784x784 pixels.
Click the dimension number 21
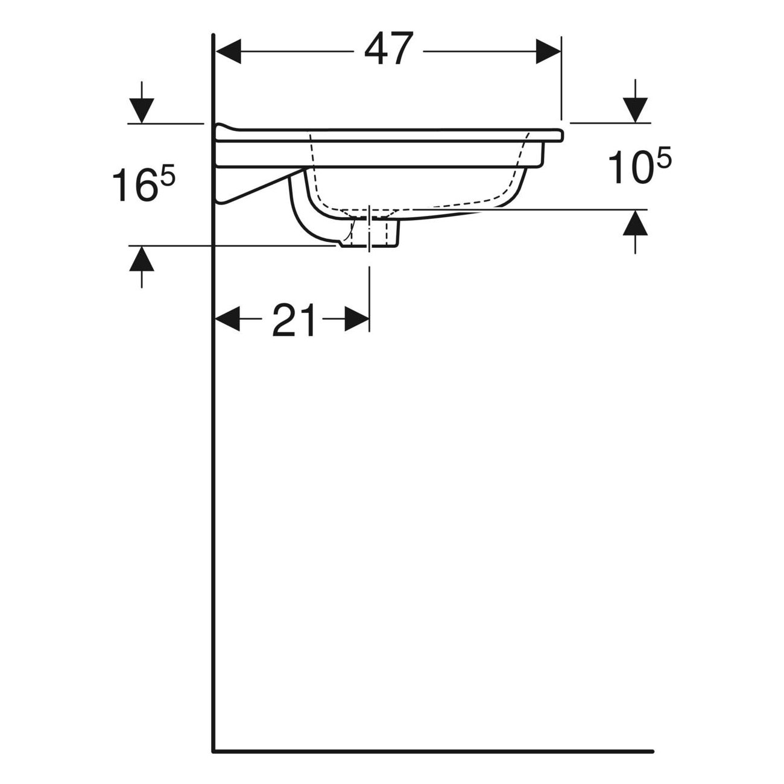pyautogui.click(x=294, y=320)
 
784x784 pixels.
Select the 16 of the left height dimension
pyautogui.click(x=134, y=186)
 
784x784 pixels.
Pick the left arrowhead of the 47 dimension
pyautogui.click(x=228, y=52)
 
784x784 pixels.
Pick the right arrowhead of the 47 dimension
pyautogui.click(x=548, y=52)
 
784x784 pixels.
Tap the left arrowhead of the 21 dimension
pyautogui.click(x=227, y=318)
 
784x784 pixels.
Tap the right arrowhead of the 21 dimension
pyautogui.click(x=357, y=318)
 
